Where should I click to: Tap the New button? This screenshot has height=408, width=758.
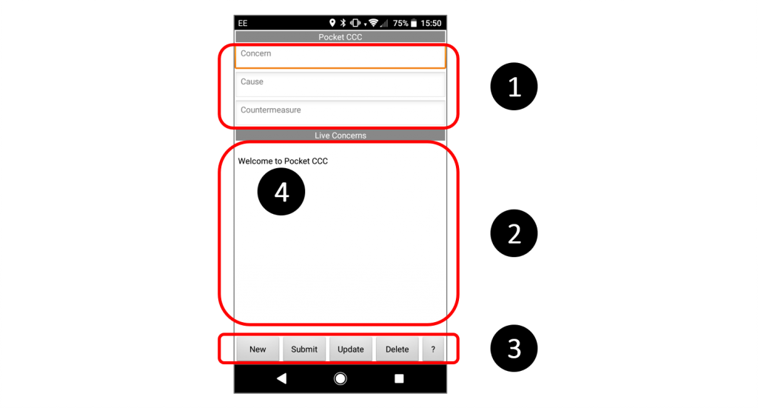click(258, 349)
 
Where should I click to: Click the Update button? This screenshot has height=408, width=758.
click(350, 349)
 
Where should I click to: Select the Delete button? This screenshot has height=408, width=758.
click(397, 349)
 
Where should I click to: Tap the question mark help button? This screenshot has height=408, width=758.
click(433, 349)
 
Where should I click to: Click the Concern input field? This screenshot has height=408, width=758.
click(341, 56)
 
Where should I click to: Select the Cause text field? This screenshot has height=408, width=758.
click(341, 84)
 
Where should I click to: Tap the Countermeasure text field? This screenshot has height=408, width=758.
click(341, 113)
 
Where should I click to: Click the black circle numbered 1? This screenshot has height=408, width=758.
click(514, 87)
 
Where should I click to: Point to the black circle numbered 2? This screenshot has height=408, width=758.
click(514, 233)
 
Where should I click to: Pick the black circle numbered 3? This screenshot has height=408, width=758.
click(514, 348)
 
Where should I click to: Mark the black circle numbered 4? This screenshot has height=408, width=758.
click(281, 192)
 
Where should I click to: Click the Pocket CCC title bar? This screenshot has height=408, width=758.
click(341, 37)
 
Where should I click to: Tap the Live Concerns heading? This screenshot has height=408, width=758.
click(341, 136)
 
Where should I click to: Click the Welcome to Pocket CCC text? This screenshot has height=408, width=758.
click(283, 161)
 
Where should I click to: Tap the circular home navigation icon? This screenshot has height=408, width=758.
click(341, 378)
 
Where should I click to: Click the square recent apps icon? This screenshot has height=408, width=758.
click(399, 378)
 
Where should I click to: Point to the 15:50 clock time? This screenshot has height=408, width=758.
click(431, 23)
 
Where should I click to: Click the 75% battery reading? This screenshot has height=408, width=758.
click(400, 23)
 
